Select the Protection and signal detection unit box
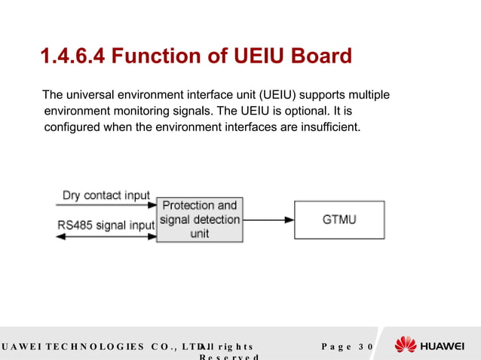tap(200, 220)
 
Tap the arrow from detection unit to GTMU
tap(268, 220)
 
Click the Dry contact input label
tap(106, 196)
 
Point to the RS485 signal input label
tap(106, 224)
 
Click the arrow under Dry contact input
tap(106, 204)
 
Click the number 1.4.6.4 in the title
tap(75, 56)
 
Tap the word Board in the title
tap(323, 56)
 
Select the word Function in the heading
tap(160, 56)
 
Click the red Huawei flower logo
tap(405, 345)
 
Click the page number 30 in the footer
tap(366, 346)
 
